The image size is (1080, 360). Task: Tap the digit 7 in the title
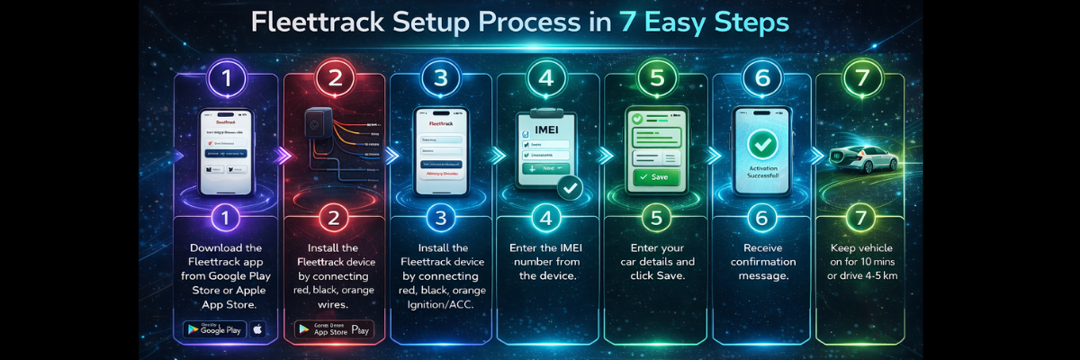[x=628, y=23]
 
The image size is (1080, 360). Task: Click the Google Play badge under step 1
[x=215, y=329]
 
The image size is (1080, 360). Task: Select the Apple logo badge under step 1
[x=258, y=329]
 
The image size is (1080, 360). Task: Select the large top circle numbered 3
[x=440, y=77]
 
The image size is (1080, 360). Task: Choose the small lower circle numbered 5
[x=655, y=218]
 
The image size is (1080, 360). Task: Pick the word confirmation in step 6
[x=762, y=262]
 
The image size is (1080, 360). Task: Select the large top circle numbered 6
[x=762, y=77]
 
